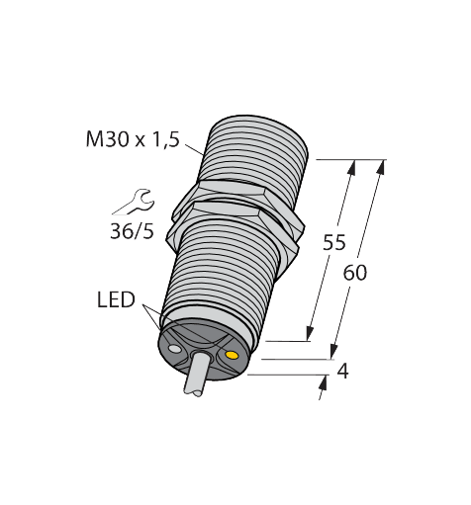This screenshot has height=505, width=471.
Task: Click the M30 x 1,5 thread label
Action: click(133, 139)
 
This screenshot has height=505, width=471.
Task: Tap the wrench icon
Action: click(138, 202)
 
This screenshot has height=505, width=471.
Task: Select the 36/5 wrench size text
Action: click(132, 231)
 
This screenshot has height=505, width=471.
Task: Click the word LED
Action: click(116, 299)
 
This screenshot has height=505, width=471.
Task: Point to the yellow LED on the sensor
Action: click(232, 355)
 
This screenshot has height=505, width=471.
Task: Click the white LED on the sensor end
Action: click(174, 348)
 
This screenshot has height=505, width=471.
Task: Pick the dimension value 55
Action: click(334, 242)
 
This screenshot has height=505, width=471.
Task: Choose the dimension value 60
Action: click(355, 273)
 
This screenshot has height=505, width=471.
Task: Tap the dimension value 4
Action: click(343, 372)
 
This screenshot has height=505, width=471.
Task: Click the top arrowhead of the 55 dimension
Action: click(352, 167)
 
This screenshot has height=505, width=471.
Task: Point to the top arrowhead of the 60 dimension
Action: click(381, 167)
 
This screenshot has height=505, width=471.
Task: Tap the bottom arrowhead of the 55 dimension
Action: click(310, 333)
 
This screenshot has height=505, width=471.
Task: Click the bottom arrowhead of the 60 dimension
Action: click(333, 351)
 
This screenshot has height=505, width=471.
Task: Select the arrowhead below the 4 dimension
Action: click(324, 382)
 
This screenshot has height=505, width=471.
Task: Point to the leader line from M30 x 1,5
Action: click(195, 149)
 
